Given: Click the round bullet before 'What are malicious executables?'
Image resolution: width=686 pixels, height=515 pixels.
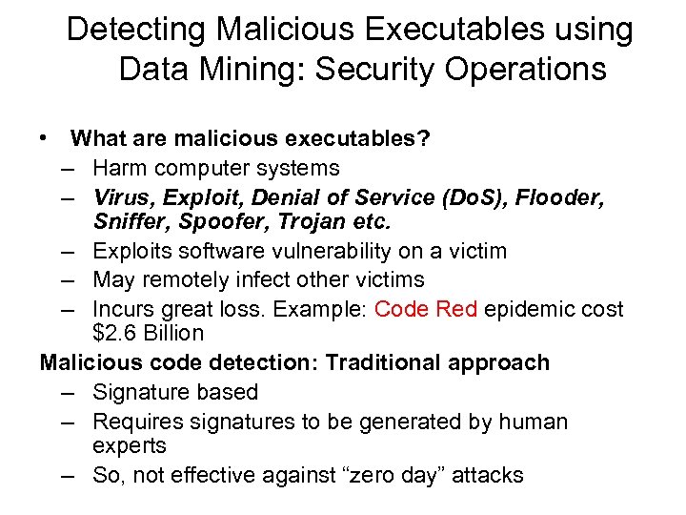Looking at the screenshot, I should (x=44, y=138).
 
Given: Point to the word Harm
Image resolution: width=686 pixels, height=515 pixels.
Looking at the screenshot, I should (x=121, y=168).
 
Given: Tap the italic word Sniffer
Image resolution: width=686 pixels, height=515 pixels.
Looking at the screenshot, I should (x=130, y=222).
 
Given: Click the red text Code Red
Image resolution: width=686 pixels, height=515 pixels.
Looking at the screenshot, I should (x=425, y=309).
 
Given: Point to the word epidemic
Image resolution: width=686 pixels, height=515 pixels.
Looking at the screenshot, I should (x=531, y=309).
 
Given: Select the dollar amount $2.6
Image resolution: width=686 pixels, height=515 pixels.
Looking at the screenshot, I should (x=113, y=334).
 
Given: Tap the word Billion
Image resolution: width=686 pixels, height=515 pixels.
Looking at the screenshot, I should (x=172, y=334).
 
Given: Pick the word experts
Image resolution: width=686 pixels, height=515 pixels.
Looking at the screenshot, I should (x=130, y=446).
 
